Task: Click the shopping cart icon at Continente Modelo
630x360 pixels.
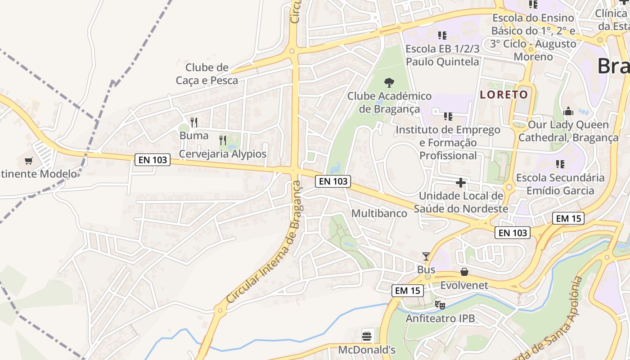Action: coord(29,160)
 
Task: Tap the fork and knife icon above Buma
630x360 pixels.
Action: coord(194,122)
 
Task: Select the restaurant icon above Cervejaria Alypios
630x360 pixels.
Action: coord(222,140)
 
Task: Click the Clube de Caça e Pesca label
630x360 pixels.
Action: coord(207,74)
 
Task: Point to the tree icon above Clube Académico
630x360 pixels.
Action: coord(389,82)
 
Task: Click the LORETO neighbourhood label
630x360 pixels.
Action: coord(504,94)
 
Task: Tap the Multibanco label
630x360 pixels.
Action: coord(379,213)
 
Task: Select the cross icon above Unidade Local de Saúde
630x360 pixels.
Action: coord(461,183)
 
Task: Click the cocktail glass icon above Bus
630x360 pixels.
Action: coord(426,256)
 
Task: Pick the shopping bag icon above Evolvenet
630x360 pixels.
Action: coord(464,272)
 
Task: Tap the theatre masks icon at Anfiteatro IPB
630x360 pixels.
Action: coord(440,305)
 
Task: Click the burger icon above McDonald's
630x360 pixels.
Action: coord(367,336)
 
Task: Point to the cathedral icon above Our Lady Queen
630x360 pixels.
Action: coord(568,111)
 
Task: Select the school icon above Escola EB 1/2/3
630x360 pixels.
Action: coord(442,35)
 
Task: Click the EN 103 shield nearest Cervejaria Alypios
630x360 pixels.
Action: coord(152,159)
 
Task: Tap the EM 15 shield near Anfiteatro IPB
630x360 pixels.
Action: coord(407,291)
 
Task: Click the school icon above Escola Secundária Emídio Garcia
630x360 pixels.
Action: coord(560,164)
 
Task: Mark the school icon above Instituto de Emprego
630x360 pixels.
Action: coord(448,117)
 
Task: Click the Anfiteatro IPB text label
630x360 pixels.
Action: coord(440,318)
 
